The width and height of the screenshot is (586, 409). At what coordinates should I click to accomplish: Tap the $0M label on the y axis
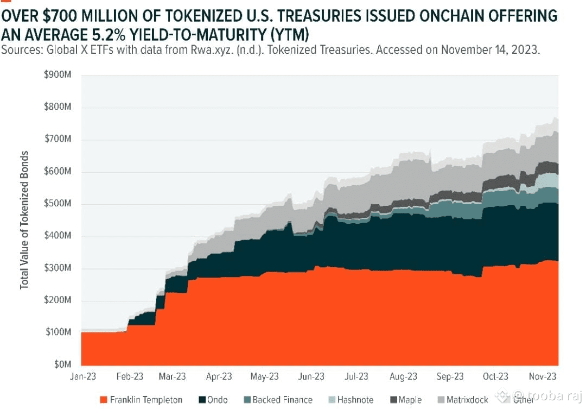click(x=62, y=364)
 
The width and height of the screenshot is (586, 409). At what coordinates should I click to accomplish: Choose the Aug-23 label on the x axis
click(x=404, y=376)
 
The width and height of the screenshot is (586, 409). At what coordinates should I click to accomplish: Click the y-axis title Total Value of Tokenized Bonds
click(x=24, y=219)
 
